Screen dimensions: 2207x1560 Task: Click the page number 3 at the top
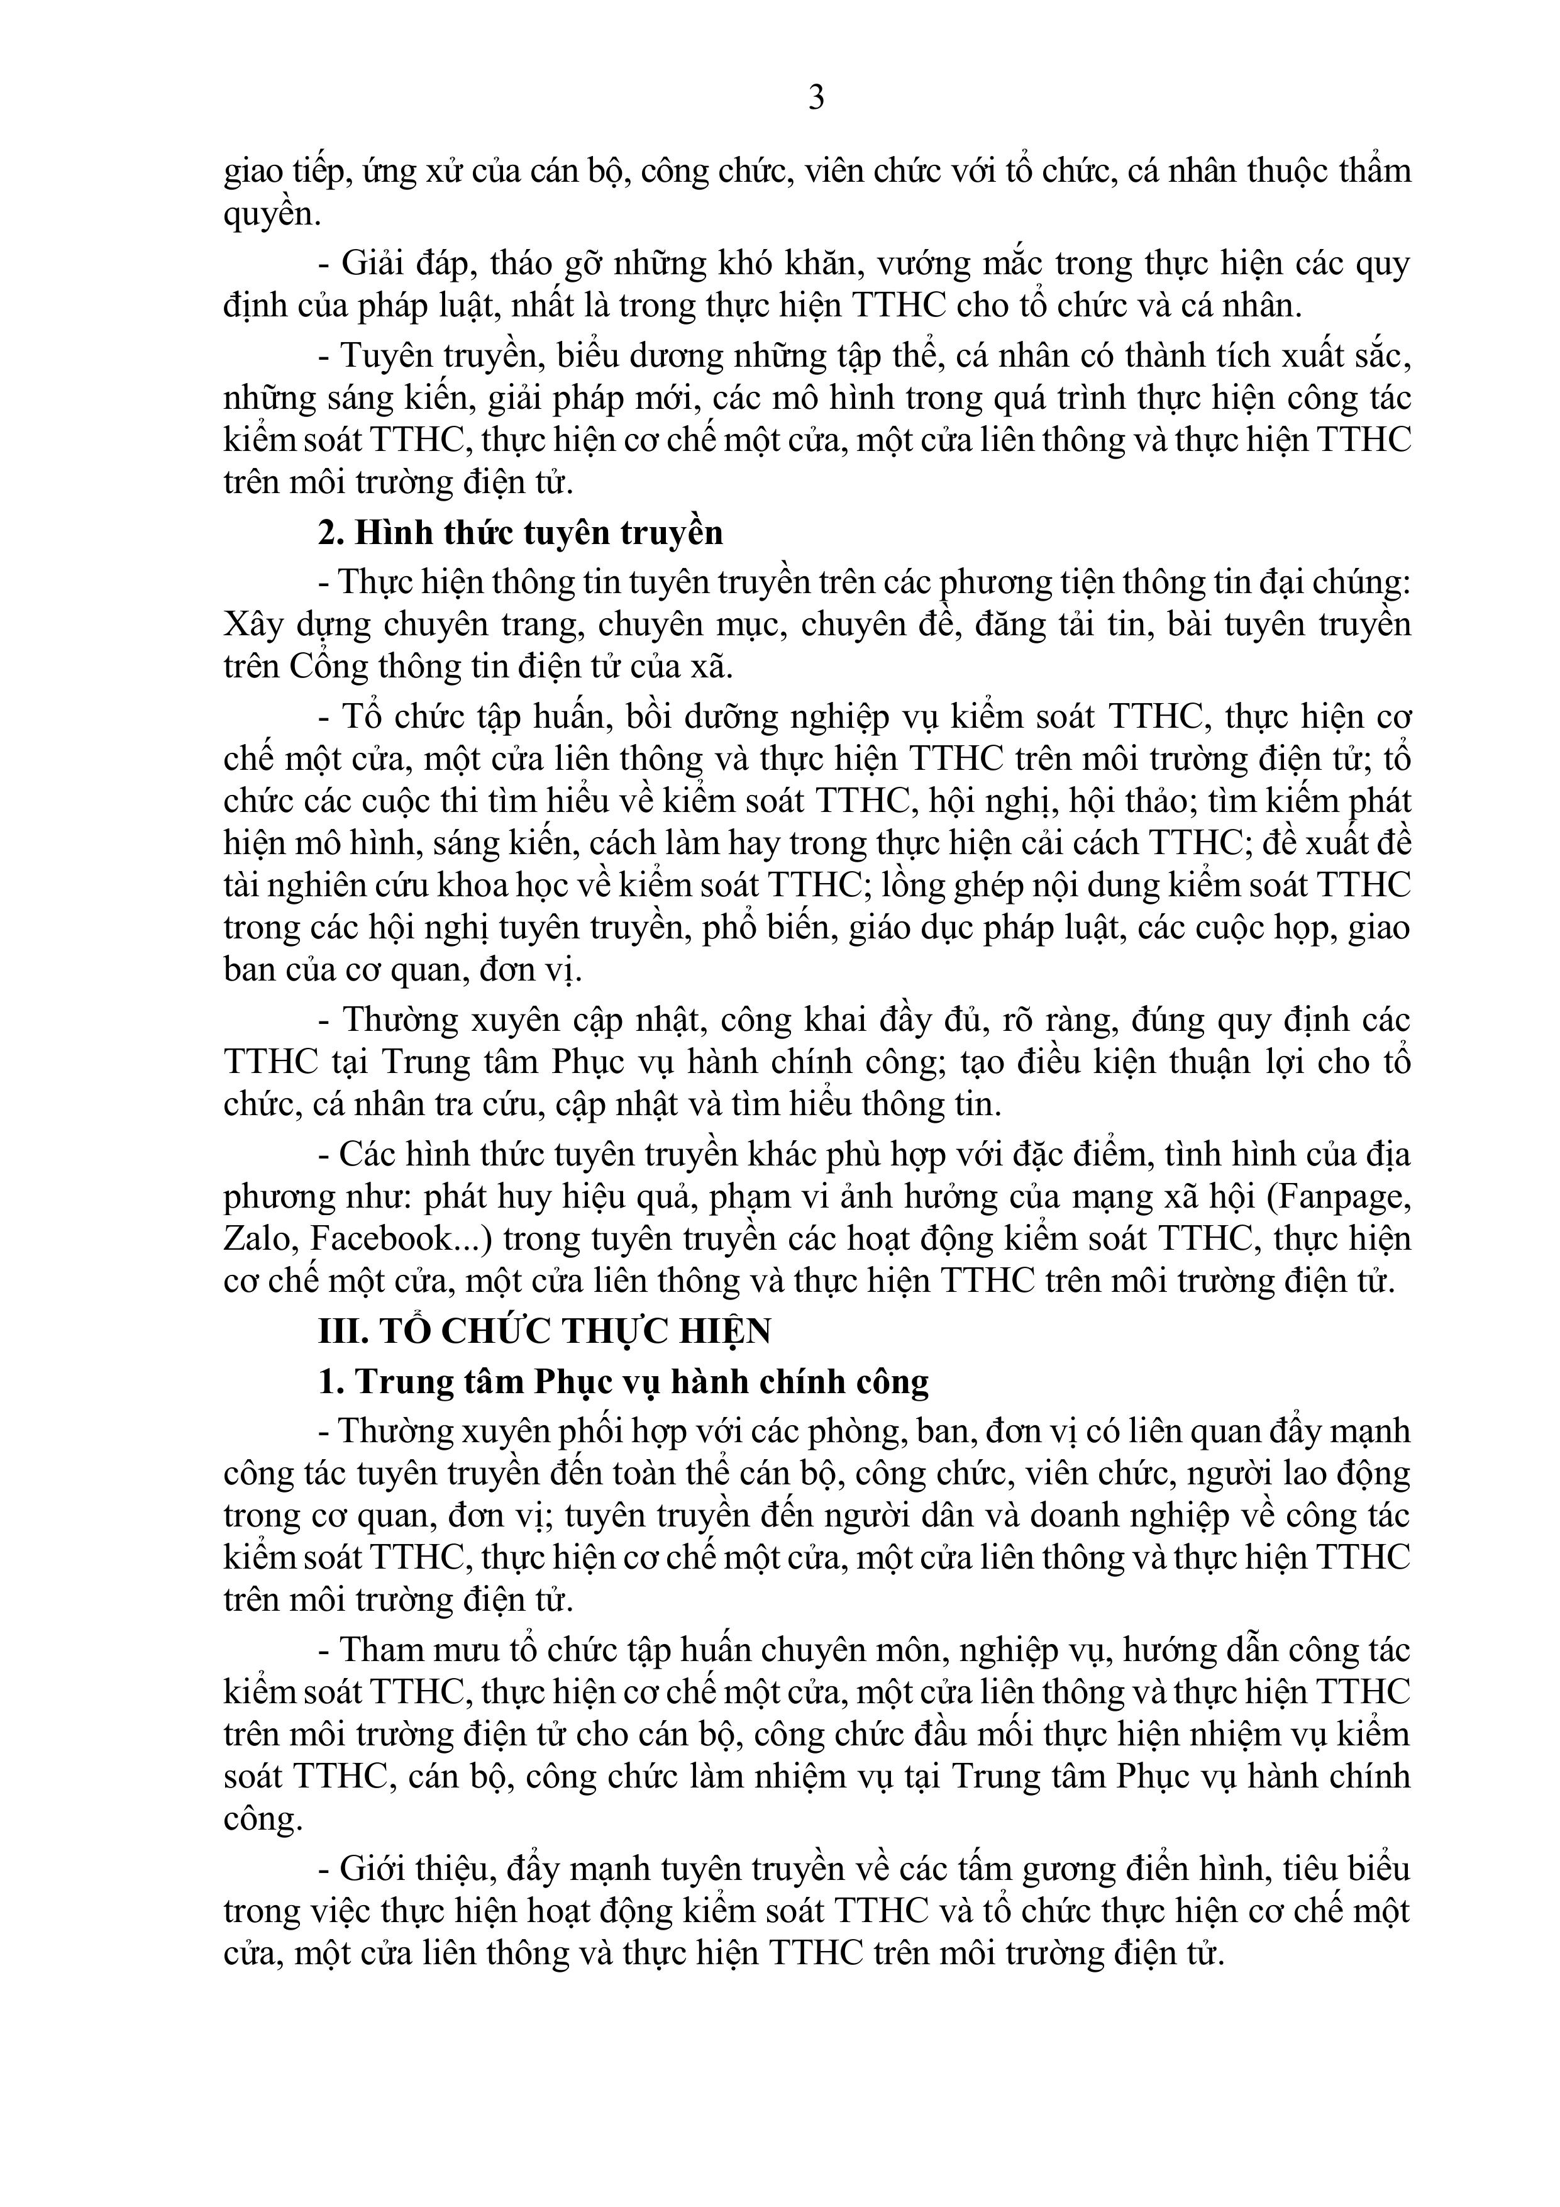(x=816, y=98)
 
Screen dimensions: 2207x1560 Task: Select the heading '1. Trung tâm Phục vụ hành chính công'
(x=624, y=1381)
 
